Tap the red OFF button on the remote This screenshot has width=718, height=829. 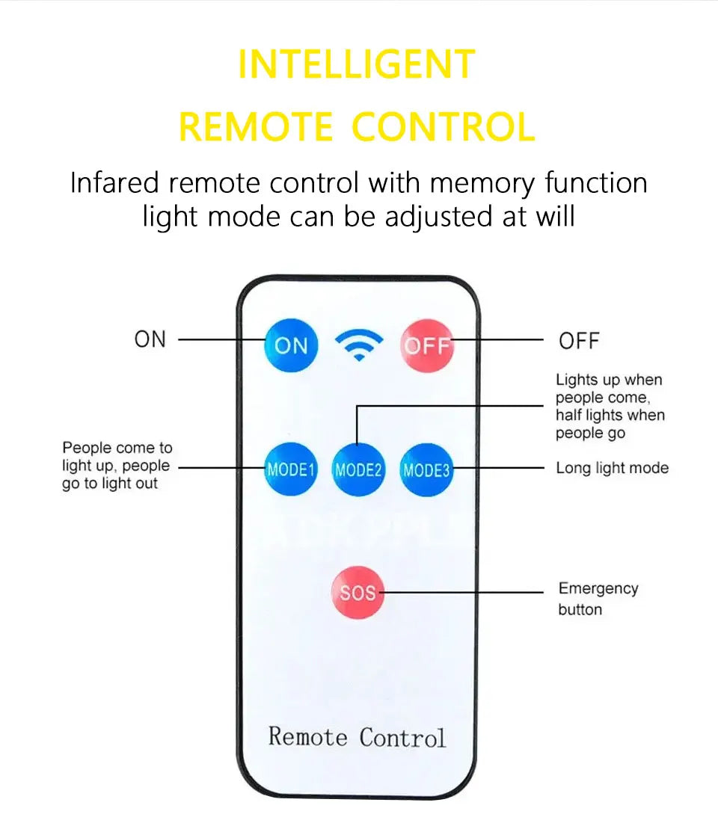point(427,345)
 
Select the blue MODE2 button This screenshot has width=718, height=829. point(358,470)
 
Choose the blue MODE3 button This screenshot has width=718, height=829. point(426,470)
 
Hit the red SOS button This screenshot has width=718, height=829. point(357,593)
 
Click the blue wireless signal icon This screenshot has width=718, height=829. point(359,345)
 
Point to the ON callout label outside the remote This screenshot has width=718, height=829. point(150,339)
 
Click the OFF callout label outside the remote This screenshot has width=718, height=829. point(579,341)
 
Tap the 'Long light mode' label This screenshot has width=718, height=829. point(612,469)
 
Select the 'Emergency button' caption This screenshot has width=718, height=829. point(598,599)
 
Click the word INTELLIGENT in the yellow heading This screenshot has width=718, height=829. point(357,64)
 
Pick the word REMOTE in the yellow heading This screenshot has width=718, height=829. point(256,127)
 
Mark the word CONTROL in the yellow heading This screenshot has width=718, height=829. point(444,127)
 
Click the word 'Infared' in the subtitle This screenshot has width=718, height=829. point(114,183)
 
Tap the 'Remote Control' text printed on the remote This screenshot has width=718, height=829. point(357,737)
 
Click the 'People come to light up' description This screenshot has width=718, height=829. point(116,466)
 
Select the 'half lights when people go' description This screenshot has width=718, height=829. point(610,424)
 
